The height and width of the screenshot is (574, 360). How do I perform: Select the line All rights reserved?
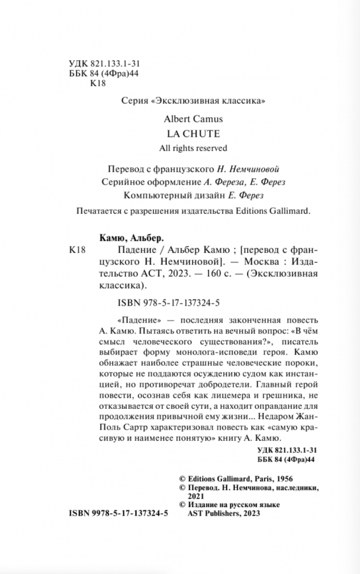187,148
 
